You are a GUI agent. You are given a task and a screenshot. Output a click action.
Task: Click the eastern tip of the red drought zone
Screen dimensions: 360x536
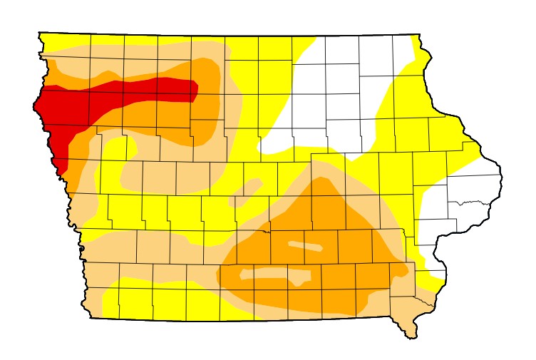tap(197, 90)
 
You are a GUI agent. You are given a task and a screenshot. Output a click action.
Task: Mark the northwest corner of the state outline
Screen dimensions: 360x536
tap(39, 33)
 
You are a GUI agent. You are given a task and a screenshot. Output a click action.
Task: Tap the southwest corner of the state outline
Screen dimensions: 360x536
tap(91, 317)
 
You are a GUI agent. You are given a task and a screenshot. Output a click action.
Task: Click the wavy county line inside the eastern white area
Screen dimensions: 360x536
tap(470, 202)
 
